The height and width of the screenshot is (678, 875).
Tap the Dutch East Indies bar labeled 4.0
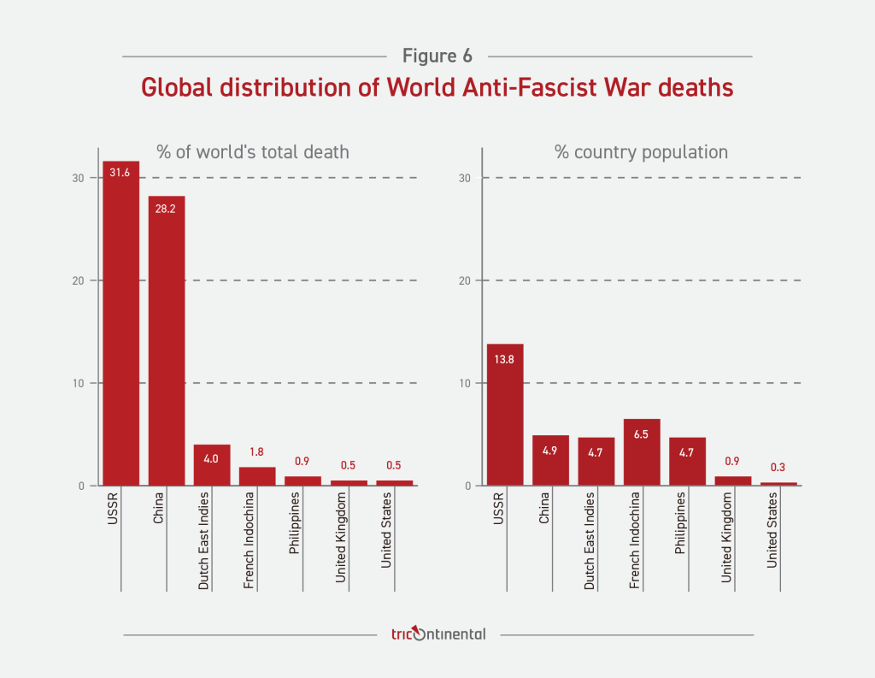[212, 465]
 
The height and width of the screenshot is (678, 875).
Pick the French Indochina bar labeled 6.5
[642, 452]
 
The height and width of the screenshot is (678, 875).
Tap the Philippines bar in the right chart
[687, 462]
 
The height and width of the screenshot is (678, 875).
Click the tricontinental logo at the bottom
[437, 634]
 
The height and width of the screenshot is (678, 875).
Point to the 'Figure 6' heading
[437, 56]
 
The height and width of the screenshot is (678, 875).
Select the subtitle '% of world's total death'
[252, 152]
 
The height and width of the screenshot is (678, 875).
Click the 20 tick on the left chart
[79, 280]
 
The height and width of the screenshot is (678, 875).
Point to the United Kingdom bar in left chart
[349, 482]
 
